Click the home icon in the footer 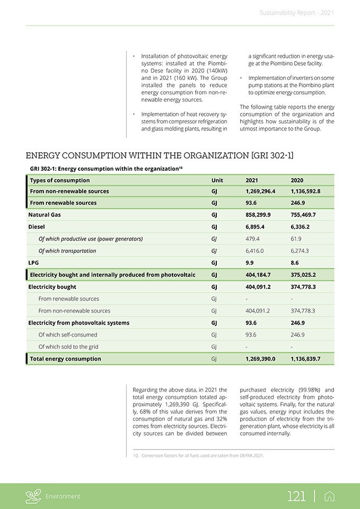pos(329,496)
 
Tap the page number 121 pos(296,496)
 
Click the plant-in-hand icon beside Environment pos(33,496)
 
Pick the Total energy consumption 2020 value pos(305,359)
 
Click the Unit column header pos(217,180)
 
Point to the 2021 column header pos(252,180)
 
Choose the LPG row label pos(33,262)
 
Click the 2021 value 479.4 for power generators pos(254,239)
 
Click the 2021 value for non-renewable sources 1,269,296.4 pos(260,191)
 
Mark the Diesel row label pos(36,227)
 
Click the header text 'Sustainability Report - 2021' pos(297,13)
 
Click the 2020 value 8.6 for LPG pos(295,262)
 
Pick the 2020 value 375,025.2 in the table pos(303,275)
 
